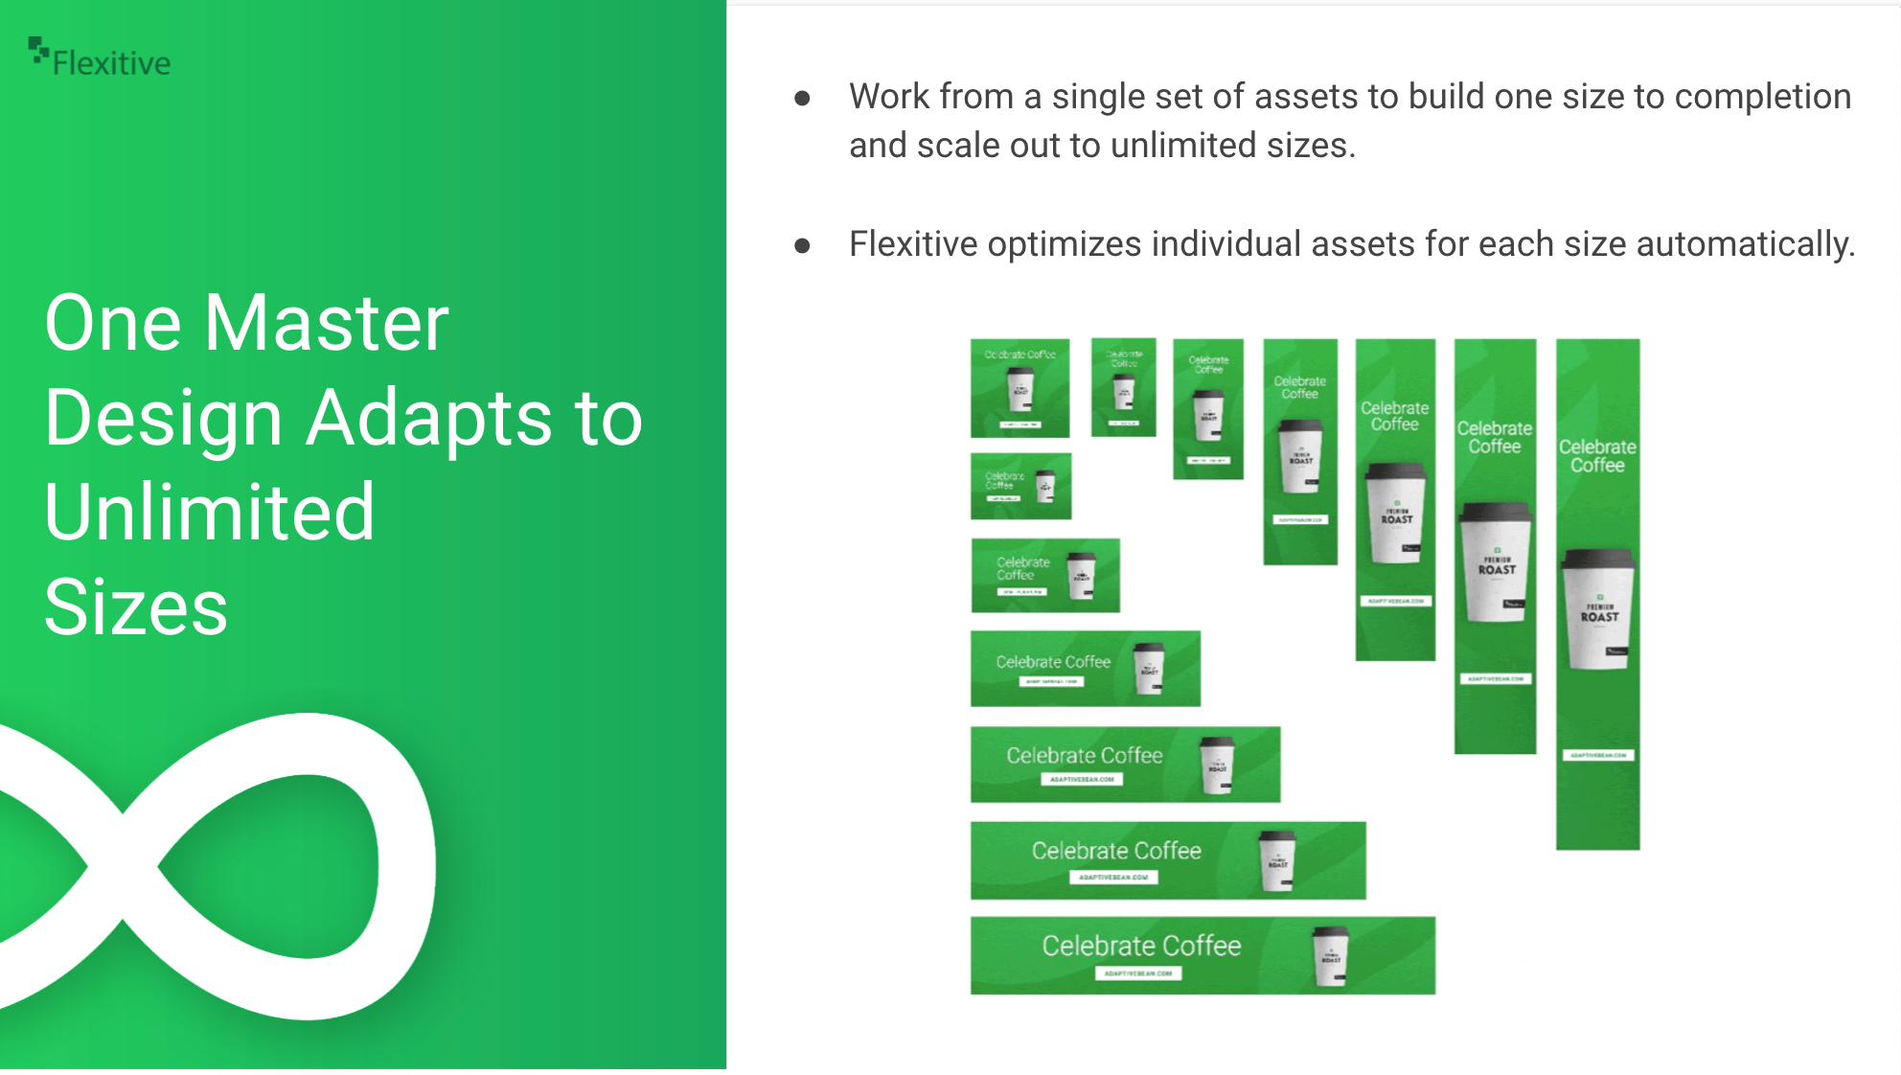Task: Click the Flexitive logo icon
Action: coord(38,51)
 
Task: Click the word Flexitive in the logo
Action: coord(111,63)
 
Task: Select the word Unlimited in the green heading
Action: coord(209,512)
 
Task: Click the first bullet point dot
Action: coord(803,98)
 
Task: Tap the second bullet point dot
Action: coord(803,246)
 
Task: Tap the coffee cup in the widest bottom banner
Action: coord(1330,955)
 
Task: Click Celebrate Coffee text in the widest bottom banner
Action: coord(1141,946)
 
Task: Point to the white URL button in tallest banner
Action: coord(1598,755)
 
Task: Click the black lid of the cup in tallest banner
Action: coord(1598,559)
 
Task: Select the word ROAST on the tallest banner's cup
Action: coord(1599,617)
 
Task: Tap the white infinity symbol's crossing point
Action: coord(123,867)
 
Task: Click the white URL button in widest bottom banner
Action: coord(1138,973)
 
